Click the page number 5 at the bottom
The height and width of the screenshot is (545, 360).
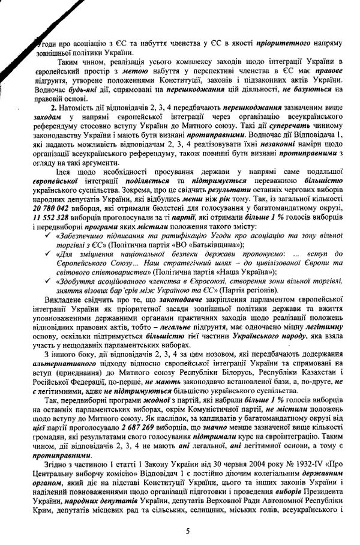188,531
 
